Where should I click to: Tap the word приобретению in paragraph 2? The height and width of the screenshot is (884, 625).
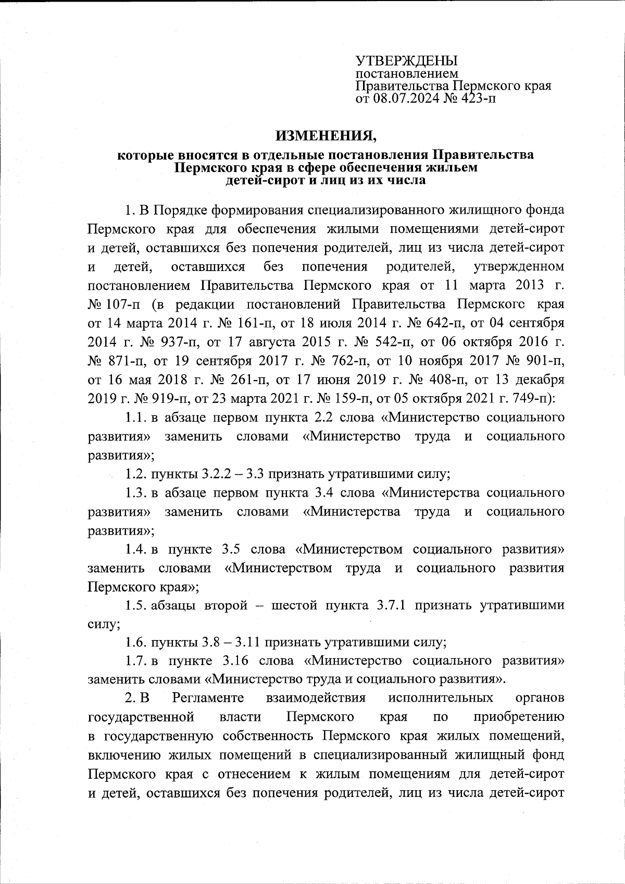519,717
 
